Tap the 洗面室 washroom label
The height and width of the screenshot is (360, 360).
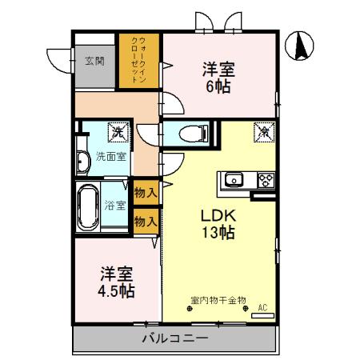pyautogui.click(x=110, y=156)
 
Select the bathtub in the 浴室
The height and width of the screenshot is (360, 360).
pyautogui.click(x=88, y=205)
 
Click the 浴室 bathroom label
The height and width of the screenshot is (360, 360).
pyautogui.click(x=115, y=206)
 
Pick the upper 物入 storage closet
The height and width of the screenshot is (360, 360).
pyautogui.click(x=145, y=193)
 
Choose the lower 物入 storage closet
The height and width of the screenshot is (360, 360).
pyautogui.click(x=145, y=221)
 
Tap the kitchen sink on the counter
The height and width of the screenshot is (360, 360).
pyautogui.click(x=234, y=178)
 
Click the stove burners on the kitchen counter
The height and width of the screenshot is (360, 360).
pyautogui.click(x=265, y=178)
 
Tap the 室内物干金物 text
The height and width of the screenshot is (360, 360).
pyautogui.click(x=218, y=301)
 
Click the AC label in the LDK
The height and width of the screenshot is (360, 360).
pyautogui.click(x=262, y=306)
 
